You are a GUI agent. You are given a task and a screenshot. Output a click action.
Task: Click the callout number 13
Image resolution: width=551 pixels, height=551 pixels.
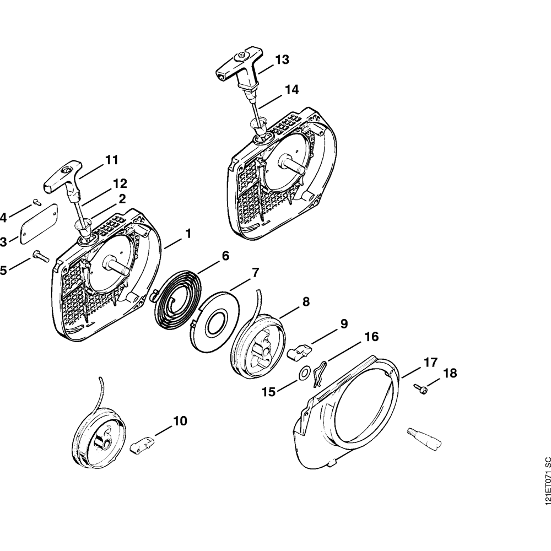point(282,60)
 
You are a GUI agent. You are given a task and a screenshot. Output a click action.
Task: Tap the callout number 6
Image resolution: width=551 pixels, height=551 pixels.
point(225,256)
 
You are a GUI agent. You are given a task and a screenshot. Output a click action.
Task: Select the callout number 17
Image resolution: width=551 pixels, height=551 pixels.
point(430,363)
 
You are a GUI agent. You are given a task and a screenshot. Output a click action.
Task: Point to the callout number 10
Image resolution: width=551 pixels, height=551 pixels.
point(180,421)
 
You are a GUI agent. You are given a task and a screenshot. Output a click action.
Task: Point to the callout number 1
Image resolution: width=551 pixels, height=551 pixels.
point(188,234)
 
